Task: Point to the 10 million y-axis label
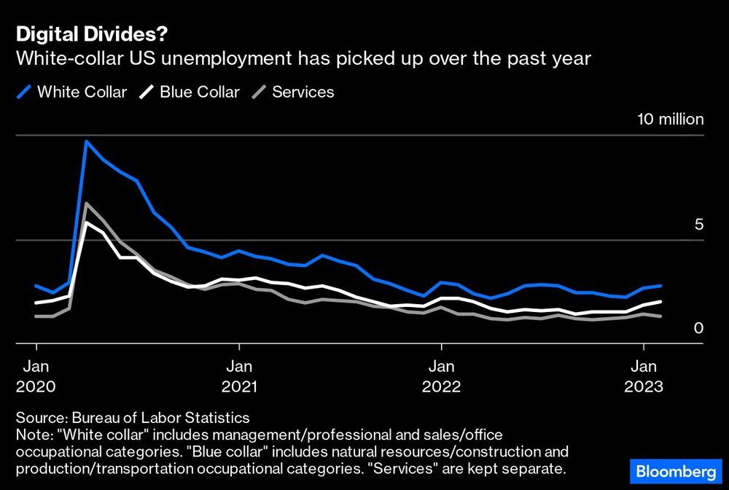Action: [x=671, y=120]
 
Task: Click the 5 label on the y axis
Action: [x=698, y=224]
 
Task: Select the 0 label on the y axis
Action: [x=698, y=328]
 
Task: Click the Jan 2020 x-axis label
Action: [x=36, y=376]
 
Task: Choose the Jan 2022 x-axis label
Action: [x=440, y=376]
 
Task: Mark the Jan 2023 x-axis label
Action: [x=643, y=376]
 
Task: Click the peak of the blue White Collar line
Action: [x=87, y=141]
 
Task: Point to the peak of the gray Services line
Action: [x=87, y=203]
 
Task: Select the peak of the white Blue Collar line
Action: [x=87, y=222]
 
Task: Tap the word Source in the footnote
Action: [x=38, y=418]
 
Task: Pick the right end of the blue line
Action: [x=660, y=286]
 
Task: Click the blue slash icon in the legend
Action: [x=23, y=92]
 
